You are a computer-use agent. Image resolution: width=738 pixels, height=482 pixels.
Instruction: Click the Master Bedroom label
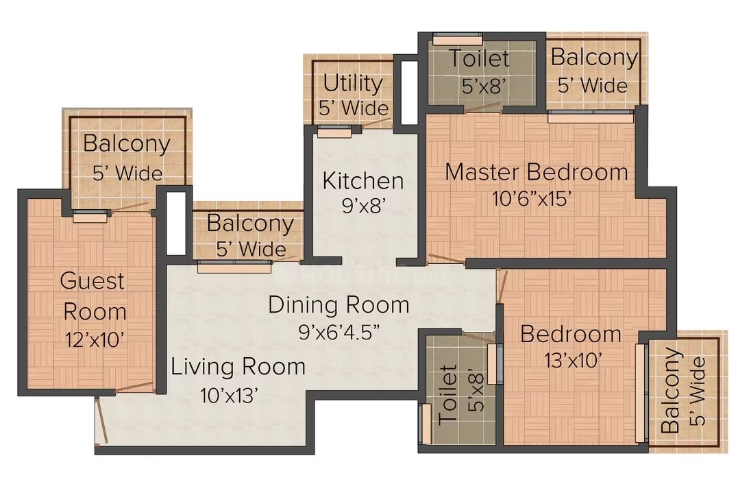537,173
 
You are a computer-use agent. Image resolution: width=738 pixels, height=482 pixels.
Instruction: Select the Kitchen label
363,181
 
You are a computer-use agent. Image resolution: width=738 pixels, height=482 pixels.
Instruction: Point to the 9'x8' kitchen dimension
364,206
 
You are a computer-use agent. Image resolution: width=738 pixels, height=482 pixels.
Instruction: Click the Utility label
353,84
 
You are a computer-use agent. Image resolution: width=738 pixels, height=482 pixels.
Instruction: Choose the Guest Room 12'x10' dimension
95,339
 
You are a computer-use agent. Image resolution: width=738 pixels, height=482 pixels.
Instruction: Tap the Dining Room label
339,305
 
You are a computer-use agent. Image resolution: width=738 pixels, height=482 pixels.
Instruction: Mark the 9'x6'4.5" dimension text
339,333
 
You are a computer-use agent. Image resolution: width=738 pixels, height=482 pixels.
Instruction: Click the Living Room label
238,367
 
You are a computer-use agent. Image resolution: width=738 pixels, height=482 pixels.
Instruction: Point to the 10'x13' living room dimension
230,396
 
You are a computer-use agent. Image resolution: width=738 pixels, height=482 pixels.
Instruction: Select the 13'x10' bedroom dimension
573,361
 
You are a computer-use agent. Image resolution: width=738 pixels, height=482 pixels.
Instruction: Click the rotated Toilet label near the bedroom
447,395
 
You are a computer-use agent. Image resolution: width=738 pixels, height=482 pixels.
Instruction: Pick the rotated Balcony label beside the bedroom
671,390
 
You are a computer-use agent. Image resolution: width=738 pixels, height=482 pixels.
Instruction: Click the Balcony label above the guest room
127,144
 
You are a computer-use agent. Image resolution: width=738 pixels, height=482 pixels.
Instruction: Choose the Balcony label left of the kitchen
250,223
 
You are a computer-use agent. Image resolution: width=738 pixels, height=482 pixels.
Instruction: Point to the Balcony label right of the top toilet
594,58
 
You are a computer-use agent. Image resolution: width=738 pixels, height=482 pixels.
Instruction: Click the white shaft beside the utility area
409,93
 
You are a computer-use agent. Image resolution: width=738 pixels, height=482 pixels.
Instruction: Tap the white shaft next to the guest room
176,224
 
